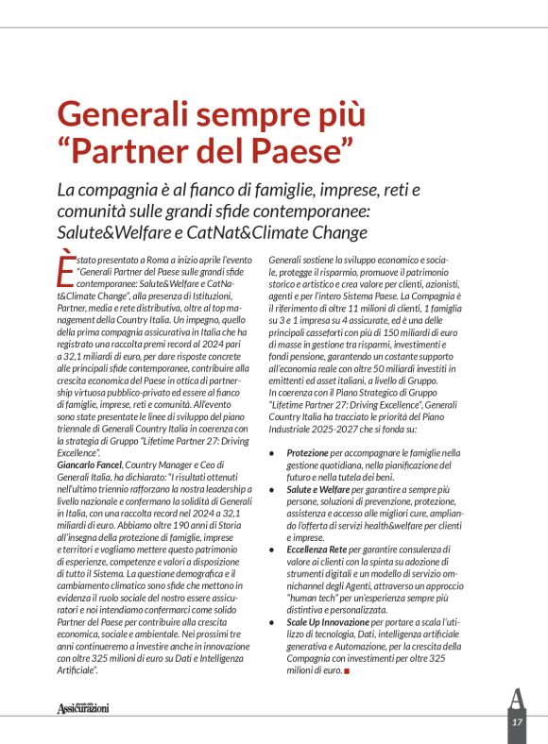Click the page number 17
[517, 721]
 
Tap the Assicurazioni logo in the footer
[83, 707]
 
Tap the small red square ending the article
[348, 671]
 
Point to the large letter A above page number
[516, 699]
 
